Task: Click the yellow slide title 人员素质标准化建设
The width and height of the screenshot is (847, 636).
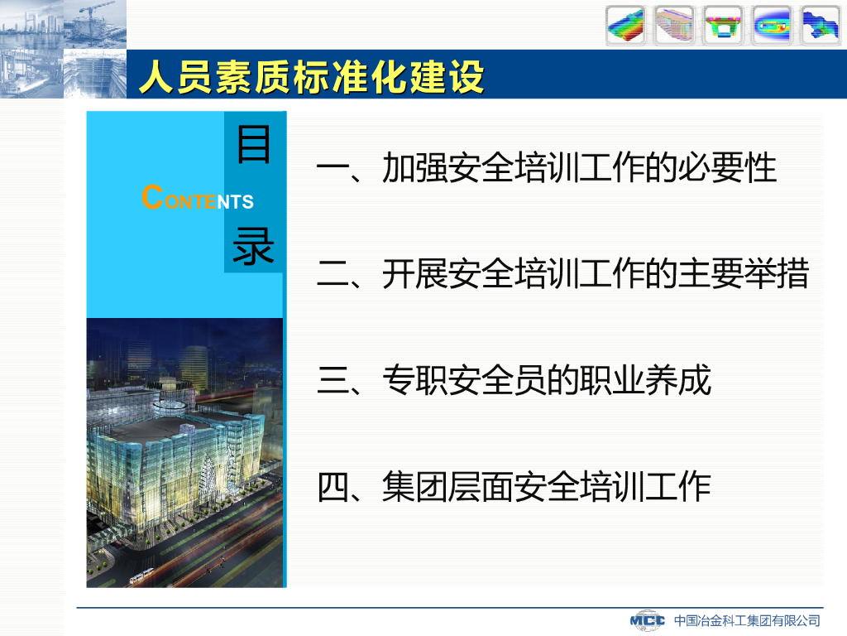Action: pyautogui.click(x=311, y=77)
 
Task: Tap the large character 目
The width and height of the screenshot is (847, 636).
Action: pyautogui.click(x=253, y=144)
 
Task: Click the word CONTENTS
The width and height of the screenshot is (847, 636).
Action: pyautogui.click(x=197, y=197)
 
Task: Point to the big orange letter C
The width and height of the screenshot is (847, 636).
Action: pyautogui.click(x=152, y=197)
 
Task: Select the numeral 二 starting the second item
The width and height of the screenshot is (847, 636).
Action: pyautogui.click(x=333, y=273)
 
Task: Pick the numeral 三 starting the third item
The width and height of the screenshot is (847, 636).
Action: pyautogui.click(x=333, y=379)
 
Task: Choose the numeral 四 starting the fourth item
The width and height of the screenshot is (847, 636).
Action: pyautogui.click(x=333, y=486)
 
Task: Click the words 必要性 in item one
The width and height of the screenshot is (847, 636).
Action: pyautogui.click(x=727, y=167)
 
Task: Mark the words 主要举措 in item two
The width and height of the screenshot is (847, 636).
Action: pyautogui.click(x=744, y=273)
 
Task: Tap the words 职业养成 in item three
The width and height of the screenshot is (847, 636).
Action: pyautogui.click(x=645, y=379)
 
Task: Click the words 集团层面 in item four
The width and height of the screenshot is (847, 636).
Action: pyautogui.click(x=447, y=486)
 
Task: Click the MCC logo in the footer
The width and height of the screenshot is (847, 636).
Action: pyautogui.click(x=647, y=619)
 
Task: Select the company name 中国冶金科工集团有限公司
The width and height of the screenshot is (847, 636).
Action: pyautogui.click(x=747, y=620)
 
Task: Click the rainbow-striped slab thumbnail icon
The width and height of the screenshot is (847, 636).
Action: pyautogui.click(x=625, y=25)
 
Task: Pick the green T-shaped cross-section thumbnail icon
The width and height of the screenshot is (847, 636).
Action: pyautogui.click(x=722, y=25)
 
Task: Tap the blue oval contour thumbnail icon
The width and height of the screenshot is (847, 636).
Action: pyautogui.click(x=772, y=25)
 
